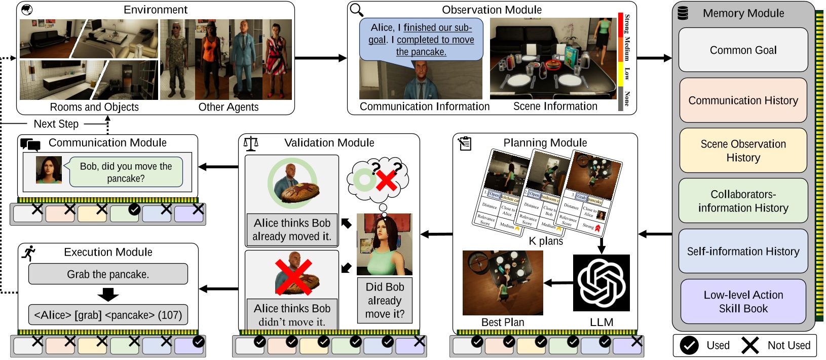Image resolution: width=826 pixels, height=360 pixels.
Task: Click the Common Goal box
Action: (x=743, y=50)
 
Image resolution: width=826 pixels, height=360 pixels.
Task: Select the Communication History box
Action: (x=743, y=100)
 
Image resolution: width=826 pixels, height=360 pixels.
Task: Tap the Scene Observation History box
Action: (x=743, y=151)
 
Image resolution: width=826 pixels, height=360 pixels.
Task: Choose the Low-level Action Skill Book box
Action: (x=743, y=302)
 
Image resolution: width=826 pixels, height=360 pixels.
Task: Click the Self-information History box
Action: (x=743, y=251)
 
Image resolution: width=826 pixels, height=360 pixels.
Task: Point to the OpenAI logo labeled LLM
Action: (x=602, y=283)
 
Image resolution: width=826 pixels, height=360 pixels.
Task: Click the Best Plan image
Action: (x=503, y=283)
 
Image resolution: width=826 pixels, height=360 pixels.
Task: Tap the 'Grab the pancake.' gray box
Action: (x=108, y=274)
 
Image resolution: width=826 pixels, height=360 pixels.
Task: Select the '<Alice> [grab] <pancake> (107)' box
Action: (x=108, y=315)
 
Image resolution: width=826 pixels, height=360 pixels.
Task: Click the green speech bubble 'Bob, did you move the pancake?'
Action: (x=126, y=172)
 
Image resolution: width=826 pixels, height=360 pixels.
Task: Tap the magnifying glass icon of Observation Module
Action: (x=357, y=10)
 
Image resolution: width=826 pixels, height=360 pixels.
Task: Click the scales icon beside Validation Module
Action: (x=251, y=143)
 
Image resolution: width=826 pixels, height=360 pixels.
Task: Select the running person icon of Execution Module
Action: (x=29, y=253)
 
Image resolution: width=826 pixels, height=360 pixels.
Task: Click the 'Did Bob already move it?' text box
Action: (x=385, y=300)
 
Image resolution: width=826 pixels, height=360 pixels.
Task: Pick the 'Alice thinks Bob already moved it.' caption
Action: (x=292, y=230)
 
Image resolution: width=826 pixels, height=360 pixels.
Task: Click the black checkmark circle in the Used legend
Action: (x=689, y=345)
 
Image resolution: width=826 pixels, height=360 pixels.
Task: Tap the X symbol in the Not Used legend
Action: (x=750, y=345)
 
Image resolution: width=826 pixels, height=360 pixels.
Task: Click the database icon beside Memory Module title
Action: (x=683, y=13)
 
